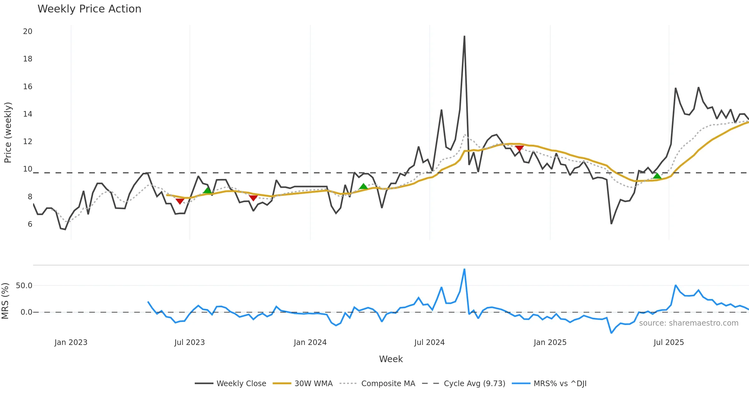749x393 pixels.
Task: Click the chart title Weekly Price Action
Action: click(x=89, y=9)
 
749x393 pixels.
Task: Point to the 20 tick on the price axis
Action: click(x=27, y=32)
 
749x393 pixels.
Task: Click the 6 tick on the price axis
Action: click(x=30, y=224)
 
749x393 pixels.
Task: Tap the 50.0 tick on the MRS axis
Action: click(x=24, y=286)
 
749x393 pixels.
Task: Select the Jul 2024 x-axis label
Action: click(x=429, y=342)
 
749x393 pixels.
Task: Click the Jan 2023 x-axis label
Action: click(x=71, y=342)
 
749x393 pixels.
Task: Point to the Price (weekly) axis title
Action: click(x=8, y=133)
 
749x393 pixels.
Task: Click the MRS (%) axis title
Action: click(x=5, y=301)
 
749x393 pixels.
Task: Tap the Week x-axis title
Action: click(x=391, y=359)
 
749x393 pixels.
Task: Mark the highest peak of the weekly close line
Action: click(x=464, y=36)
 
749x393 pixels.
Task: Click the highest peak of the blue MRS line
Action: click(x=464, y=269)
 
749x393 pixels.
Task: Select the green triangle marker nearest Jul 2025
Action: click(x=657, y=176)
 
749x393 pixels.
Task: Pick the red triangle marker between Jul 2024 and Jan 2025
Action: click(x=519, y=148)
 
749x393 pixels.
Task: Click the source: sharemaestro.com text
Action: click(x=689, y=323)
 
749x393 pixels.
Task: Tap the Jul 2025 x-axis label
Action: click(x=669, y=342)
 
